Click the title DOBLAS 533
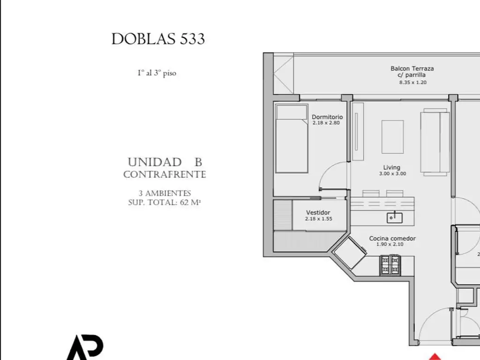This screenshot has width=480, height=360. tap(158, 39)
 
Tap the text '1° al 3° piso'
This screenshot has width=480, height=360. tap(157, 73)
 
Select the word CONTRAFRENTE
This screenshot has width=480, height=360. tap(165, 174)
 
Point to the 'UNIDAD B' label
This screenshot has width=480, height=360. tap(165, 162)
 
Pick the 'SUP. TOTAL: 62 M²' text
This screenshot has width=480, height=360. tap(165, 202)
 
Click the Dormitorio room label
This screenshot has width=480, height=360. tap(327, 117)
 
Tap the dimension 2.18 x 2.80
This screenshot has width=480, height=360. tap(326, 123)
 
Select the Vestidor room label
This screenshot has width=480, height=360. tap(318, 212)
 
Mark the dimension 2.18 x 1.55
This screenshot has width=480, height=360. tap(318, 218)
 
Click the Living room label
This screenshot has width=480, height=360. tap(391, 167)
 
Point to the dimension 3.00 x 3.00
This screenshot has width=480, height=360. tap(391, 173)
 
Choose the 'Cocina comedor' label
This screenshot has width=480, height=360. tap(392, 238)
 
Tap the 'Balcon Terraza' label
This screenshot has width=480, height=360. tap(412, 68)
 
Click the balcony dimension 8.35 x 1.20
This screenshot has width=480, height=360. tap(412, 82)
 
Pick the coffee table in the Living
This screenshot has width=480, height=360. tap(393, 136)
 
